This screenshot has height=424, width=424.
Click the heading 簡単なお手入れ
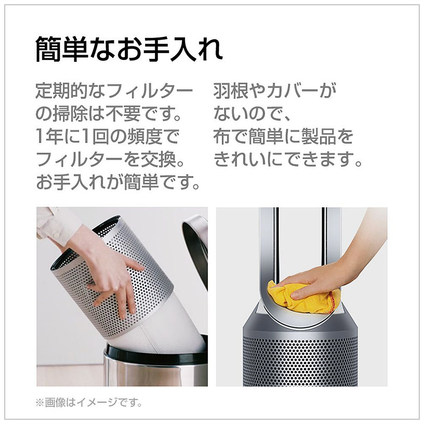coord(129,50)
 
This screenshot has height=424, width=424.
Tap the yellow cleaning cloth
coord(304,298)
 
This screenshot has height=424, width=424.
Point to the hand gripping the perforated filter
coord(108,271)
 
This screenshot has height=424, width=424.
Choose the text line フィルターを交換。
coord(112,160)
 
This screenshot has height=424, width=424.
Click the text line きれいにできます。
coord(289,160)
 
